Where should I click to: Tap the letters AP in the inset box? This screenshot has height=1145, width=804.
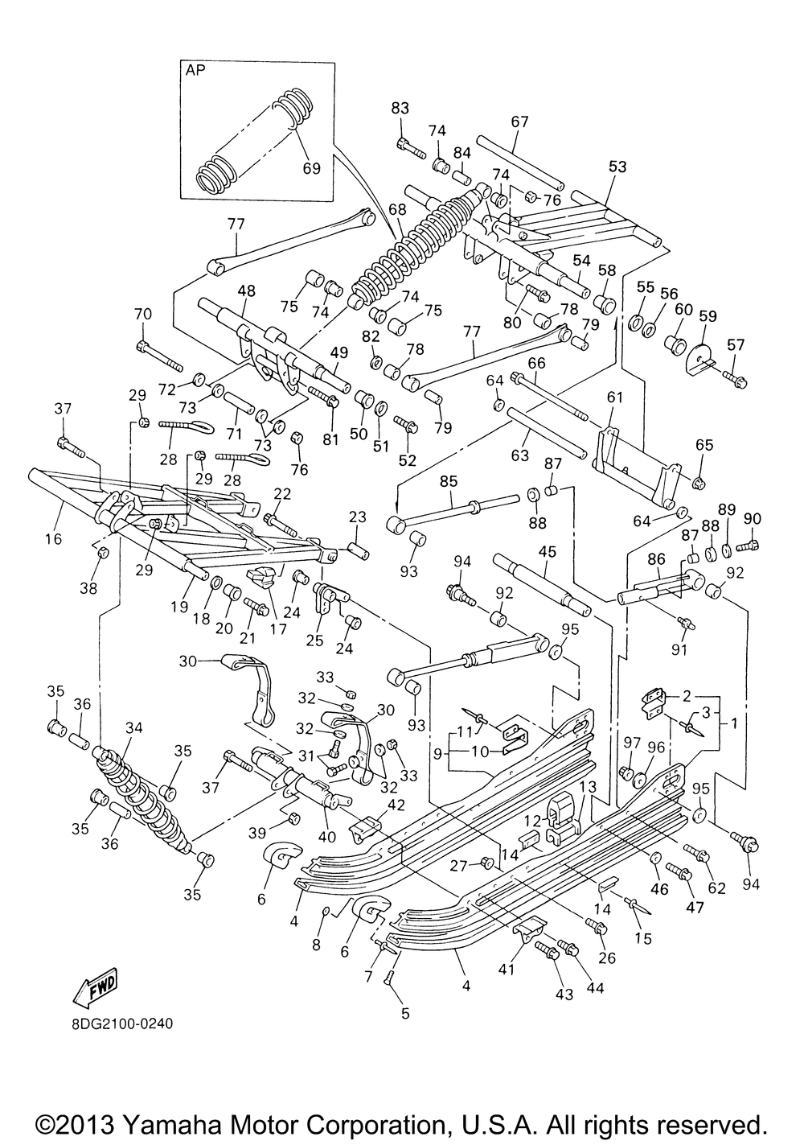196,70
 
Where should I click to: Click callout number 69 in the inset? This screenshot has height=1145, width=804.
311,168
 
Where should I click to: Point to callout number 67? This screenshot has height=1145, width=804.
519,122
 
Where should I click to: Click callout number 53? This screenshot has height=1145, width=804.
617,167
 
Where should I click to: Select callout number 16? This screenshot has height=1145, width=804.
53,539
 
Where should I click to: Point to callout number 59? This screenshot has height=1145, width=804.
707,315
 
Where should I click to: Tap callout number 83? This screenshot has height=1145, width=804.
400,108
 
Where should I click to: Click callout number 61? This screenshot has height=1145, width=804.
615,397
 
